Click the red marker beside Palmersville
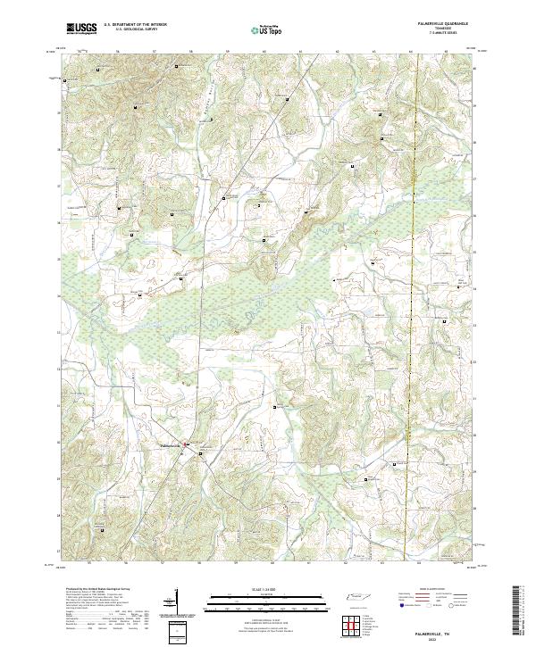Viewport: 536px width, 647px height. [186, 444]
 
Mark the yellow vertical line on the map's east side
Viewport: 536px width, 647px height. [414, 268]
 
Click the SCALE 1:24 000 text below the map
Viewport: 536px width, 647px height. [242, 590]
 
